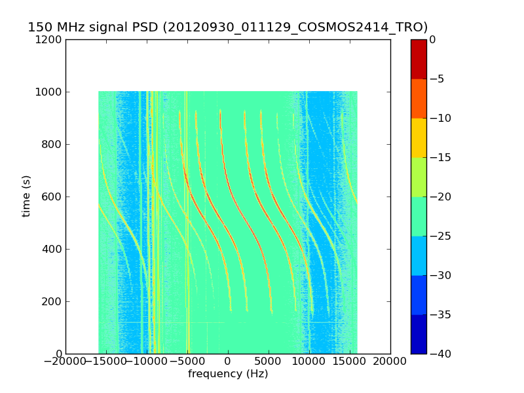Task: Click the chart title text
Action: tap(227, 28)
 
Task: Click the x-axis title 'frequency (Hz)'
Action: tap(228, 374)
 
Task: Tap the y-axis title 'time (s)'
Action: tap(26, 196)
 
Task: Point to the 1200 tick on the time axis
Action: tap(50, 39)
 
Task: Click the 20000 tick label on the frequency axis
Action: tap(390, 361)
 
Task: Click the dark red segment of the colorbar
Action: tap(419, 59)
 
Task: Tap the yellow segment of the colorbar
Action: tap(419, 138)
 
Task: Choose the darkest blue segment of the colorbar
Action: tap(419, 334)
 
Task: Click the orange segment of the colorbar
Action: tap(419, 98)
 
